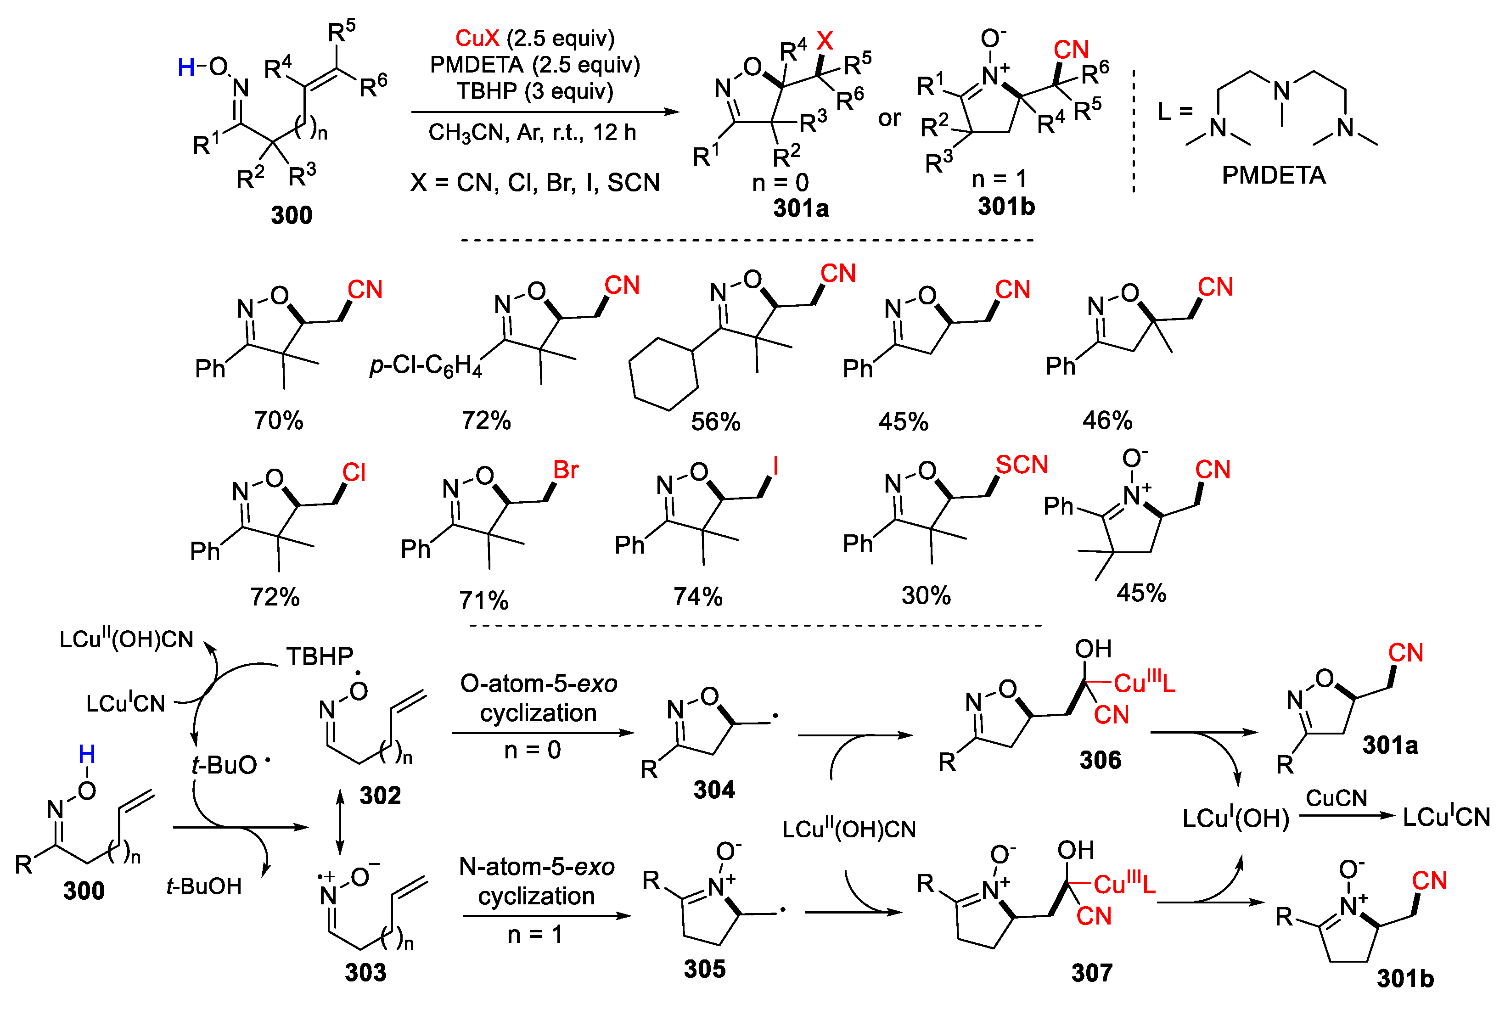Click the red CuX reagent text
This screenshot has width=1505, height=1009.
point(477,39)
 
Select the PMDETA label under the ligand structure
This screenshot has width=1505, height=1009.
point(1273,175)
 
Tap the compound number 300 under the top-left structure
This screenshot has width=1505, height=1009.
point(292,215)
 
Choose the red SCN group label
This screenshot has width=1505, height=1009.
point(1022,465)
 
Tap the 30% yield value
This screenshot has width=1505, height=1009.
point(926,596)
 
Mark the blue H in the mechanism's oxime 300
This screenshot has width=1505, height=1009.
point(87,754)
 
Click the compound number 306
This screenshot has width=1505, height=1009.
point(1100,761)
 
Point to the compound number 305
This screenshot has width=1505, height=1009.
point(705,969)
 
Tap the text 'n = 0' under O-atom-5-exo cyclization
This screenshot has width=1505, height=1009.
point(532,750)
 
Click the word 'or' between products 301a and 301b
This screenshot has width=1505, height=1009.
point(889,118)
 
